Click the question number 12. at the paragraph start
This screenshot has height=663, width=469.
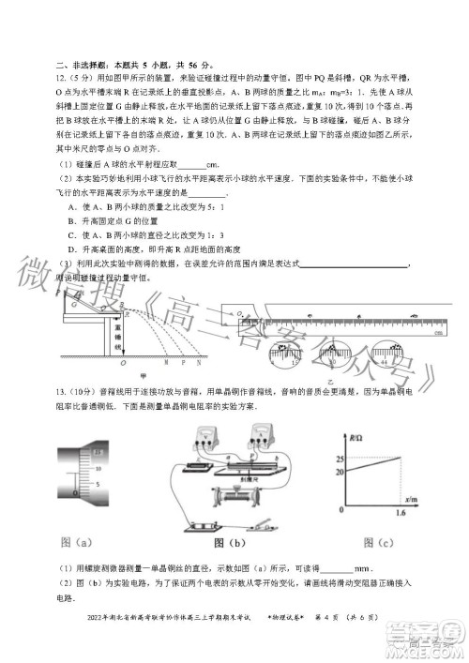[x=62, y=81]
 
